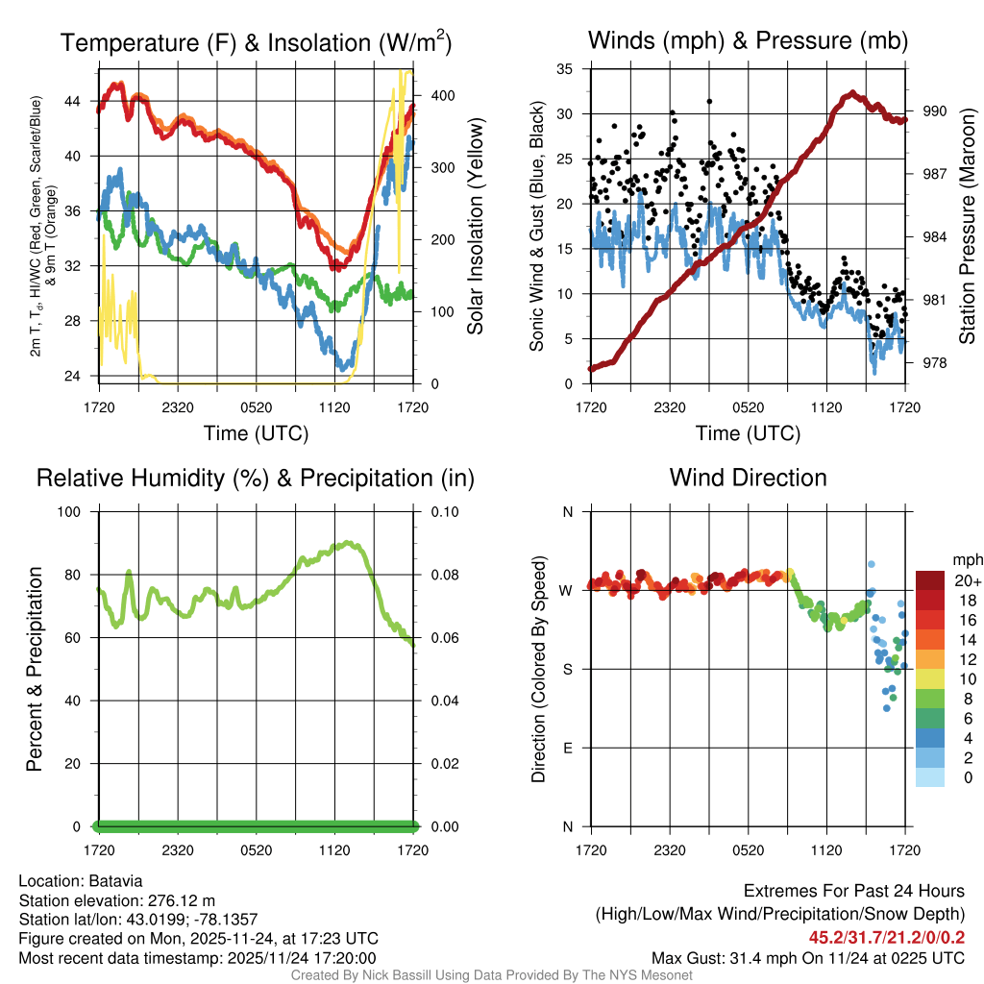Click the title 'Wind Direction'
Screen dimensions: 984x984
pos(748,478)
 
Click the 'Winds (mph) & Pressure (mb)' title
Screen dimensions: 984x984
pos(748,41)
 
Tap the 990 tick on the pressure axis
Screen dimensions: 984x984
pos(936,111)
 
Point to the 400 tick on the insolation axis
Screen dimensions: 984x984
pos(441,95)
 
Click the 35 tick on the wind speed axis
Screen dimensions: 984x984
pos(564,69)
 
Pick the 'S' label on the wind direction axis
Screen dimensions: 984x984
pos(568,669)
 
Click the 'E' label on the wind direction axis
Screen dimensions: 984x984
pos(568,748)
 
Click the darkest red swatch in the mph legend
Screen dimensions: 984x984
pos(930,580)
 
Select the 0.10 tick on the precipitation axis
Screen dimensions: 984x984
pos(436,511)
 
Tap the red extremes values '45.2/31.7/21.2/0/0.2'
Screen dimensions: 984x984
pos(886,937)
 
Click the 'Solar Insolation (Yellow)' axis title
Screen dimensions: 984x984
pos(475,226)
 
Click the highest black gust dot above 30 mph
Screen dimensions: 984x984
pos(709,101)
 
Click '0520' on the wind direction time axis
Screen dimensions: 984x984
pos(748,849)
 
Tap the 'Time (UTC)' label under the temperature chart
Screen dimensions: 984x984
pos(256,433)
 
